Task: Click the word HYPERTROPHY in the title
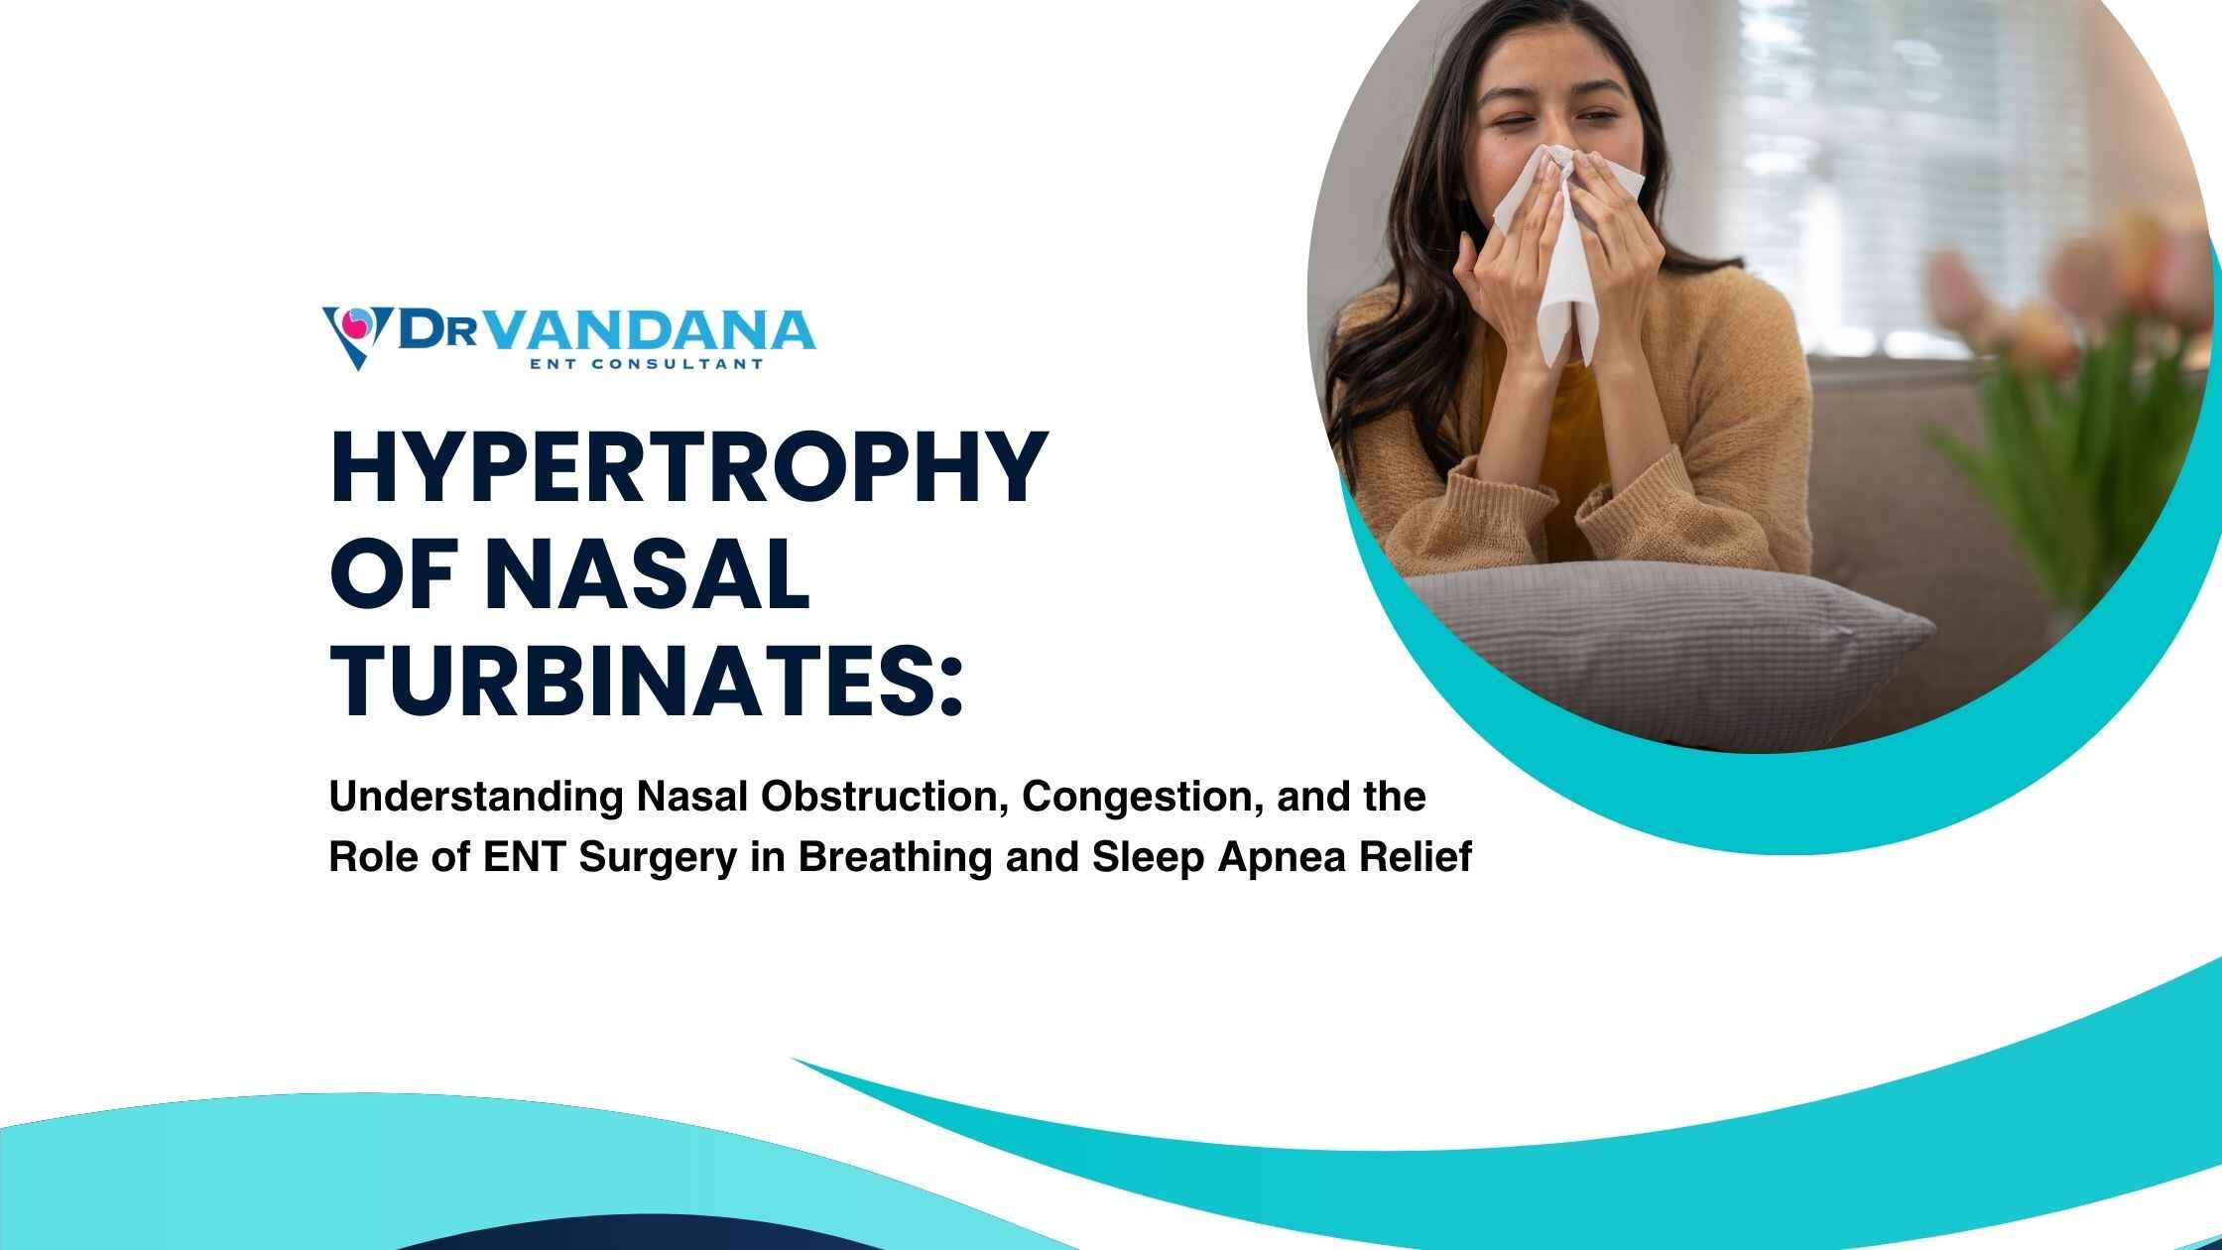[688, 468]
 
